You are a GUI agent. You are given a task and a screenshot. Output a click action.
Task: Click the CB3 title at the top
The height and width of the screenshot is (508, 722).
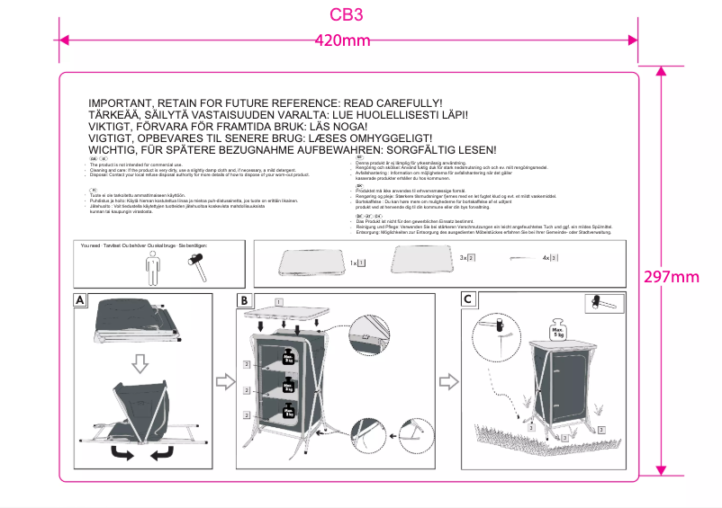pos(347,15)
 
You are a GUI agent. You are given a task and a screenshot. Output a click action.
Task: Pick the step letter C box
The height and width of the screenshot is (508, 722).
pos(467,299)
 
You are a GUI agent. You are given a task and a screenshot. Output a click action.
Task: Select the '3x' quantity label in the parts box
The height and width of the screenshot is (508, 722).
pos(464,258)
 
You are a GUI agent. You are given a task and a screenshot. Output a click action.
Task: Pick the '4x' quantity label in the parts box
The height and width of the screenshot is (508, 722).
pos(546,258)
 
